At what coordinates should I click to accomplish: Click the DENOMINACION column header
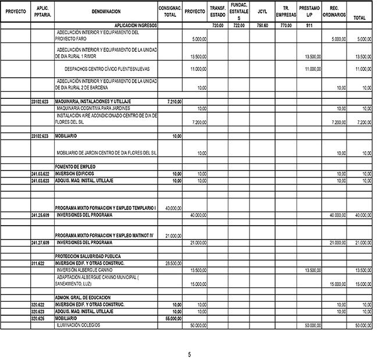pos(106,12)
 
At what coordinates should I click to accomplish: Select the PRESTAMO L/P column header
pos(309,12)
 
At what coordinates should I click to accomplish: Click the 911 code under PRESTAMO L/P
pos(309,26)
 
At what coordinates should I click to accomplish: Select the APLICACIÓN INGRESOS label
pos(133,26)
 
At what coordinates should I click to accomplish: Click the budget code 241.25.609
pos(40,215)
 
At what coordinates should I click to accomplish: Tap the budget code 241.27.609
pos(40,242)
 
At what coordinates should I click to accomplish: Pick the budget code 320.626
pos(38,319)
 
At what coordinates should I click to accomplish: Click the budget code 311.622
pos(38,263)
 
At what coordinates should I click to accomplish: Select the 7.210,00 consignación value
pos(174,101)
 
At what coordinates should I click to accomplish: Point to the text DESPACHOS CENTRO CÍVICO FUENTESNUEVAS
pos(107,68)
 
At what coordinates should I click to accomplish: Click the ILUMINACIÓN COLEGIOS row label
pos(77,325)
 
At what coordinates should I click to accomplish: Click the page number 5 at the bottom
pos(189,354)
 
